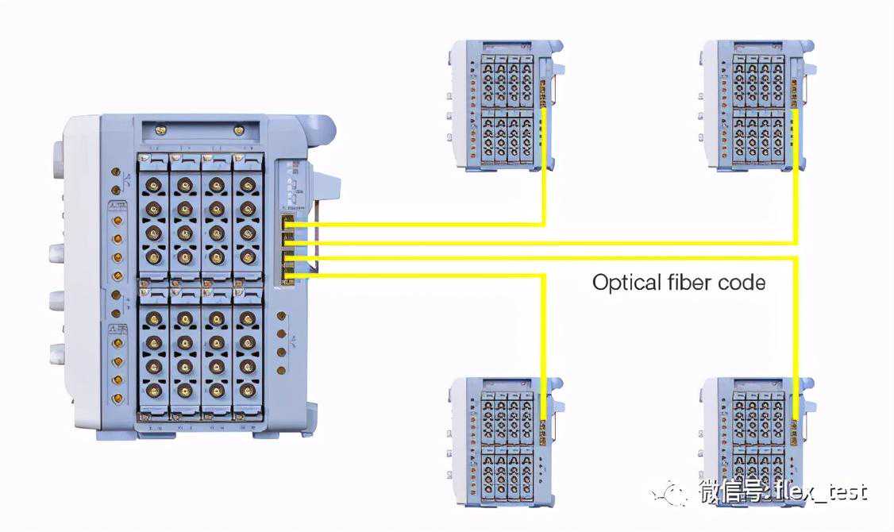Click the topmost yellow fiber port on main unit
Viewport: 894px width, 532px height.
pyautogui.click(x=289, y=226)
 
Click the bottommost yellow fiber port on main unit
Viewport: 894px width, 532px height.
pyautogui.click(x=289, y=276)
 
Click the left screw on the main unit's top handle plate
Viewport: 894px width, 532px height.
pyautogui.click(x=161, y=129)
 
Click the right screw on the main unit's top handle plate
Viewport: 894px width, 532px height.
pyautogui.click(x=238, y=129)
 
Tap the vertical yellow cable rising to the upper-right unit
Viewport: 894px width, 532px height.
pyautogui.click(x=796, y=175)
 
